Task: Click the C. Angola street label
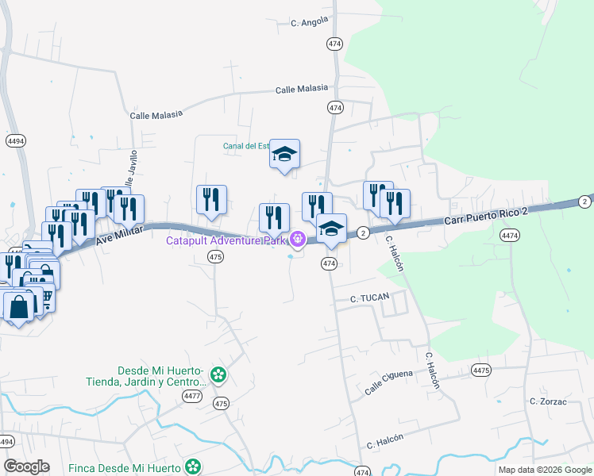[310, 21]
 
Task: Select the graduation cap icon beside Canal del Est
[283, 155]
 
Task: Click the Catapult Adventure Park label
[226, 240]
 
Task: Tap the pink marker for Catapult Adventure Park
[298, 238]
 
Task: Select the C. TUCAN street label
[369, 299]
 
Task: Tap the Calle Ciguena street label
[389, 382]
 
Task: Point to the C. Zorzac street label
[547, 401]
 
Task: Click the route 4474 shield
[510, 235]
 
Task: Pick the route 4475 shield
[480, 370]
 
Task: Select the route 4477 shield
[191, 395]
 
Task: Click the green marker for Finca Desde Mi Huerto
[192, 466]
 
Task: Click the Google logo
[27, 466]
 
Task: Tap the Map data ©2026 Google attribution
[544, 470]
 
